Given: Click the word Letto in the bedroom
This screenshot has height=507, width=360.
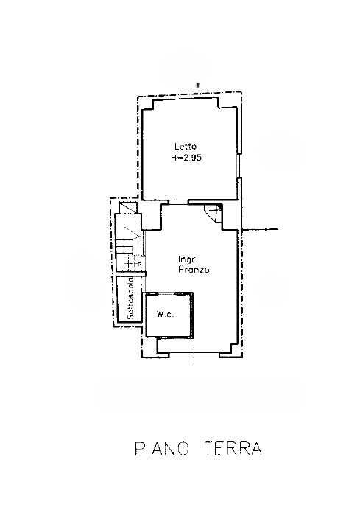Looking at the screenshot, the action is [186, 147].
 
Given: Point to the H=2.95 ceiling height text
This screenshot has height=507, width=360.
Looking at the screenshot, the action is [186, 158].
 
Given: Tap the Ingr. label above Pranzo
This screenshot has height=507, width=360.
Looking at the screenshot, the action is [188, 259].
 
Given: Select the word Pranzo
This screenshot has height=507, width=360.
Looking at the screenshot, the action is [194, 270].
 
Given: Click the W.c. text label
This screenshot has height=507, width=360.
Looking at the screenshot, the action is [165, 314].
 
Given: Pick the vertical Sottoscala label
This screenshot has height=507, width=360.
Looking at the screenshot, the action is [130, 298].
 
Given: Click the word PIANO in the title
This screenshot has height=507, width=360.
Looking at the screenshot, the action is [161, 449].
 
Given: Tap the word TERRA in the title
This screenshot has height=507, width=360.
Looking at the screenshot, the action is [233, 449].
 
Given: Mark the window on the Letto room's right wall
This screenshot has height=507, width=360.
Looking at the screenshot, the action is [239, 165].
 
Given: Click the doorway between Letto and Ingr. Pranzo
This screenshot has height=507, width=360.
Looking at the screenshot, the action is [179, 202].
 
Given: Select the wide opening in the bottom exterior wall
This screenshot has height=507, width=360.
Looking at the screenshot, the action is [194, 354].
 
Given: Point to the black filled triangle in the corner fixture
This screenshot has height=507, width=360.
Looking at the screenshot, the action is [219, 207].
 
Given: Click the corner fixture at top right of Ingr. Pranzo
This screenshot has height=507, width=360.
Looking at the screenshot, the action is [213, 213].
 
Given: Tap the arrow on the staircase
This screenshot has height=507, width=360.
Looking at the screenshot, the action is [133, 234].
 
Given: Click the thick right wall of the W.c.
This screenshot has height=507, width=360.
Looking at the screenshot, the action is [193, 315].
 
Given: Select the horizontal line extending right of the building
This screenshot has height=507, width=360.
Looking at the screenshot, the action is [260, 229].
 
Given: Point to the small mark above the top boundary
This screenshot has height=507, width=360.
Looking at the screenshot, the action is [197, 85].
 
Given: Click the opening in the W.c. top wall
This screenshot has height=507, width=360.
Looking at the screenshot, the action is [166, 293].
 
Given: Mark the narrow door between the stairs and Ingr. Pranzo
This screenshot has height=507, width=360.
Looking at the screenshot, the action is [144, 242].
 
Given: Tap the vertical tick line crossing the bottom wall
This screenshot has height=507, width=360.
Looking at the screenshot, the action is [194, 356].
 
